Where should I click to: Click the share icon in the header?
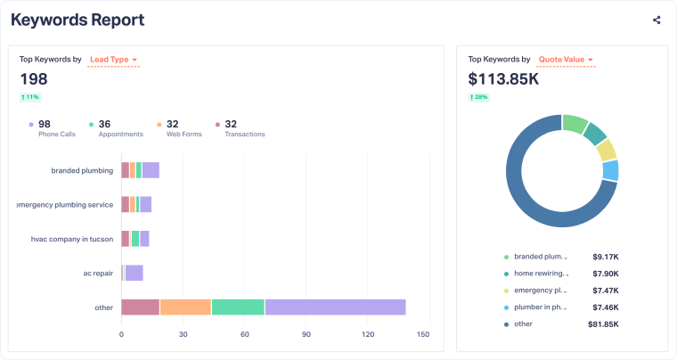(x=657, y=20)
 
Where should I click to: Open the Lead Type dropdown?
(x=113, y=60)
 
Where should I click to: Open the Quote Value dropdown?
(x=566, y=60)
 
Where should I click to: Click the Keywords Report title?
(x=77, y=20)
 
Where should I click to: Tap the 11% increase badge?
(x=30, y=96)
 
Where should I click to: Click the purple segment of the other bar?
(x=335, y=307)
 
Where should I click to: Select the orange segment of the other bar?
(x=185, y=307)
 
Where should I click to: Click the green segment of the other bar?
(x=238, y=307)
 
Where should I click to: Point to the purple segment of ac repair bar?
(x=134, y=273)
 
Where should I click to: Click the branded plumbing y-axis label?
(x=82, y=170)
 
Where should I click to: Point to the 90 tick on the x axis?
(x=306, y=335)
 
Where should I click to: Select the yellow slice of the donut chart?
(x=607, y=150)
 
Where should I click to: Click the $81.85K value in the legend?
(x=625, y=323)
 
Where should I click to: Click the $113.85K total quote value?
(x=503, y=79)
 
